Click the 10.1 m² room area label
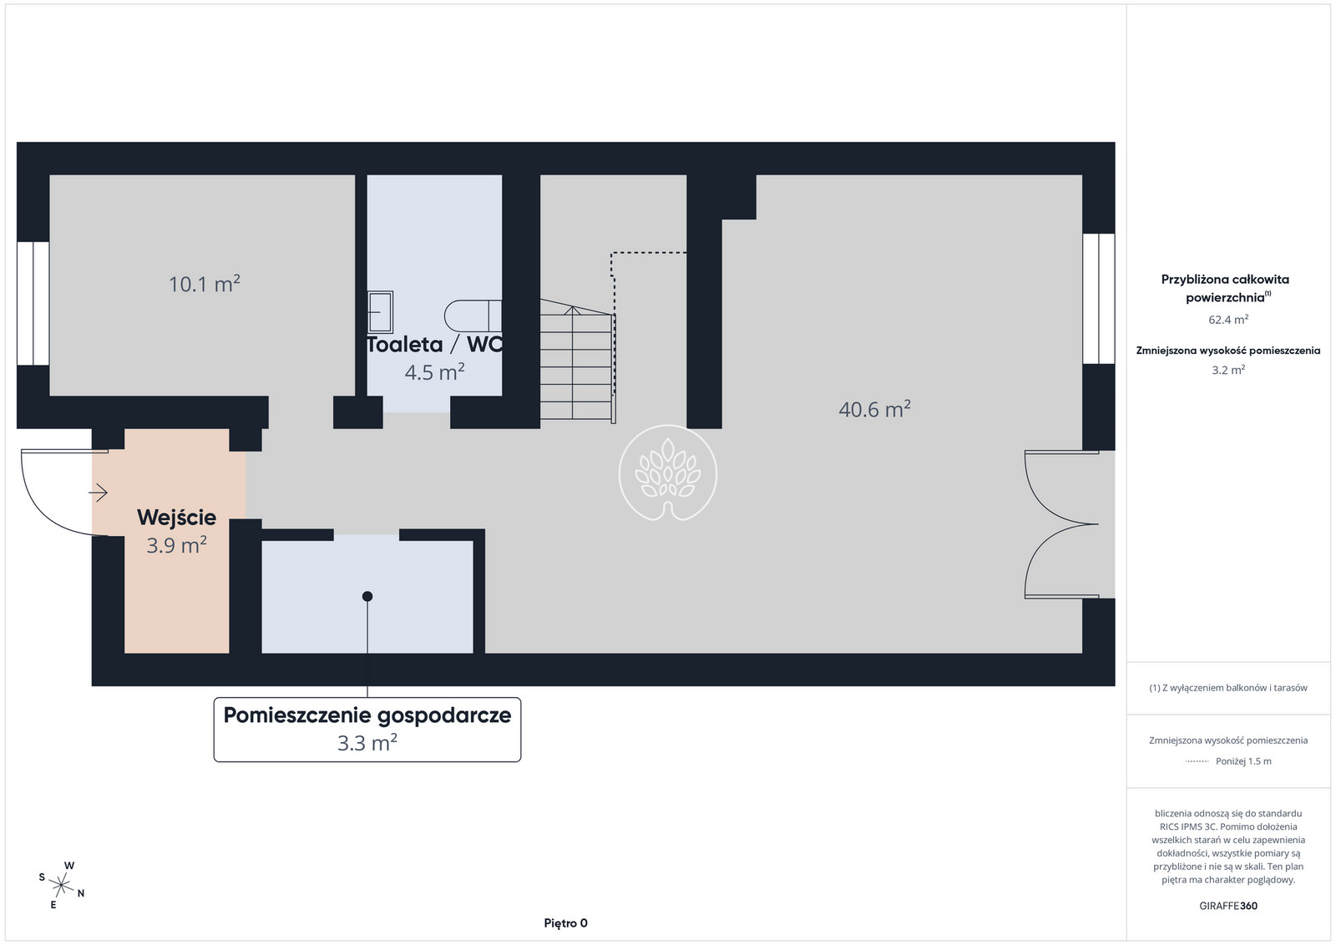click(x=205, y=284)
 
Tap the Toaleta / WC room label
click(x=434, y=345)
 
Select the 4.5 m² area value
click(x=435, y=372)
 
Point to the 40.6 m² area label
click(x=874, y=409)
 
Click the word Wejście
click(x=176, y=518)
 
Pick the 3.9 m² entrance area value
click(x=176, y=545)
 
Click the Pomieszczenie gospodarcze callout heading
click(x=367, y=715)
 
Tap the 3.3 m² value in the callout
click(x=367, y=743)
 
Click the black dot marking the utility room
click(x=367, y=596)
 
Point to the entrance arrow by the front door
click(x=98, y=493)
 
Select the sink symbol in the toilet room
click(x=380, y=311)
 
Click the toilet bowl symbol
click(x=473, y=316)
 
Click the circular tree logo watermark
click(x=667, y=472)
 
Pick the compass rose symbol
click(x=62, y=886)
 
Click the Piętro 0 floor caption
click(x=565, y=923)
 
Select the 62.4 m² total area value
click(x=1228, y=320)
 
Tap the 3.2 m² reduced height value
click(x=1228, y=370)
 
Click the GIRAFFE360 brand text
click(x=1228, y=906)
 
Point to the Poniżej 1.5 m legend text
click(x=1243, y=761)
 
